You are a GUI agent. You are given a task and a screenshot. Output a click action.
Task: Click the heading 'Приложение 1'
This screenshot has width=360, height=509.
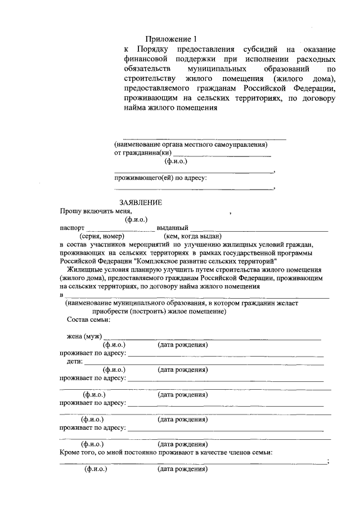click(x=172, y=39)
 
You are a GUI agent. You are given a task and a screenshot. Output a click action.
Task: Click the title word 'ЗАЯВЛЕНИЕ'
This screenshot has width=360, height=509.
click(x=141, y=202)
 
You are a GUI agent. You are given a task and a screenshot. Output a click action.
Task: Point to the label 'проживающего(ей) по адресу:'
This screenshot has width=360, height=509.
click(x=160, y=178)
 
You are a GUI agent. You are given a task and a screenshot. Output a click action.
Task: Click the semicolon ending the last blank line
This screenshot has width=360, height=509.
click(x=327, y=462)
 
